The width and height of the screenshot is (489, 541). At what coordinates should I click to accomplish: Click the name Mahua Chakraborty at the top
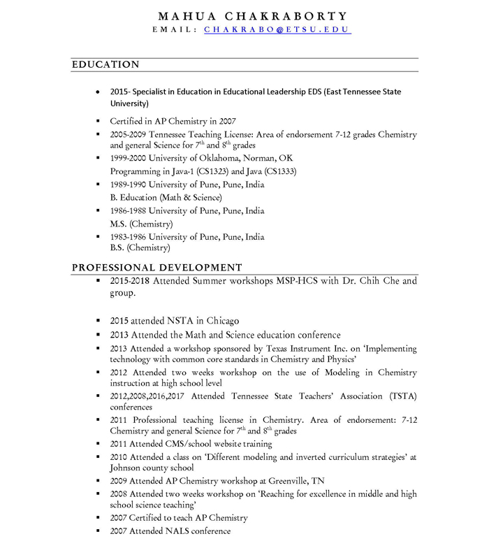pyautogui.click(x=252, y=15)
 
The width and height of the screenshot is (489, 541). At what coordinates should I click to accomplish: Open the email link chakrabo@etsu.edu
pyautogui.click(x=277, y=30)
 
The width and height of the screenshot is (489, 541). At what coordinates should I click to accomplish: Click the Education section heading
pyautogui.click(x=105, y=64)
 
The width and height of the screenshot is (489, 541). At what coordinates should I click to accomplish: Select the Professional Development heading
pyautogui.click(x=156, y=267)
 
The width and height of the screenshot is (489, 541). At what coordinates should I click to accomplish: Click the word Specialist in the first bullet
pyautogui.click(x=153, y=92)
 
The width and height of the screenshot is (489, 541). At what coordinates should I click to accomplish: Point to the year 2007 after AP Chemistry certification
pyautogui.click(x=226, y=121)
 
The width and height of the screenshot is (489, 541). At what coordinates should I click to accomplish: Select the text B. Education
pyautogui.click(x=133, y=198)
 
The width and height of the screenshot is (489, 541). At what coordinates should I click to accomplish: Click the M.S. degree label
pyautogui.click(x=117, y=224)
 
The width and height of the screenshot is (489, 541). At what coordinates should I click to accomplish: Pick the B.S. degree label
pyautogui.click(x=117, y=247)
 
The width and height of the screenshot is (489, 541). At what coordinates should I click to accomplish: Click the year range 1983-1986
pyautogui.click(x=128, y=237)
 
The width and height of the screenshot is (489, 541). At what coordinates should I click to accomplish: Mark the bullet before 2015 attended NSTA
pyautogui.click(x=99, y=321)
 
